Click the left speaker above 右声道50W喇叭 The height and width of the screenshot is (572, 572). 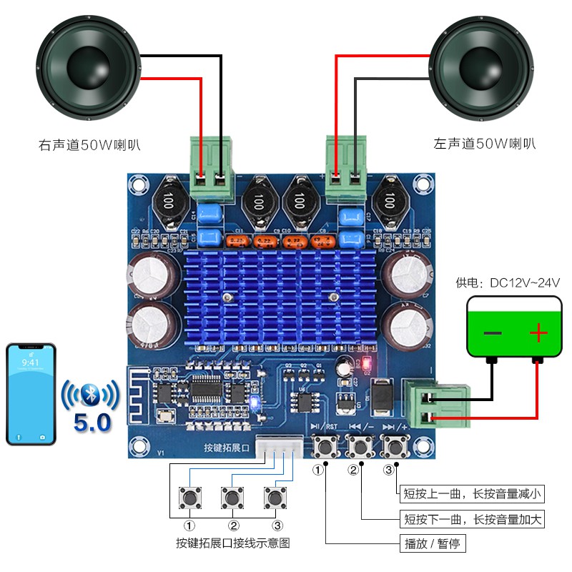point(87,68)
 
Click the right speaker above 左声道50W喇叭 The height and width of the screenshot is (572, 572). point(480,68)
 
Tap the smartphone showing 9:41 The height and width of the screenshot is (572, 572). point(31,394)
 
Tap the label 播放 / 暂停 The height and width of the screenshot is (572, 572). point(432,544)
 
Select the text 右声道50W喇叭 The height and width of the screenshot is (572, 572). point(89,145)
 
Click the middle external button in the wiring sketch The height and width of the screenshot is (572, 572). point(231,496)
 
